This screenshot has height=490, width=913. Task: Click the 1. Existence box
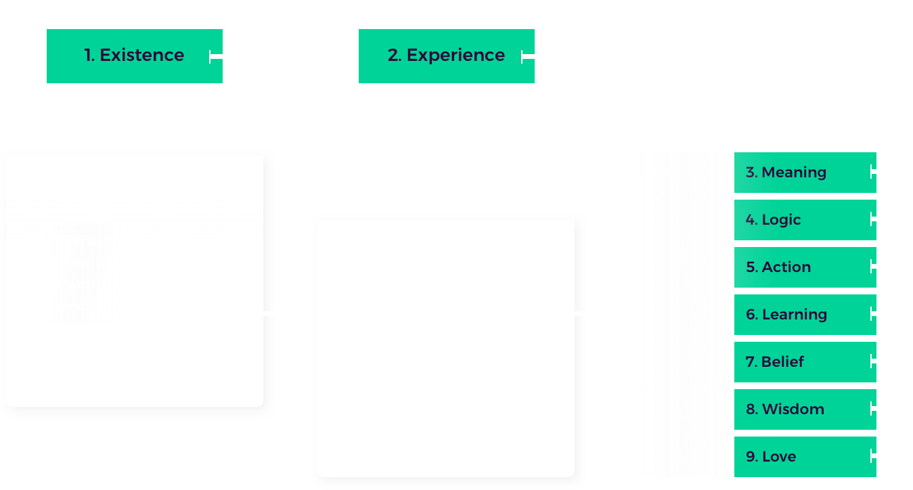point(134,56)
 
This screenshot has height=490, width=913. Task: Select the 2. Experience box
point(446,56)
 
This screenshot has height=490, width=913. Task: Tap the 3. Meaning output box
point(805,173)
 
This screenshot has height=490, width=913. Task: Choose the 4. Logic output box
point(805,220)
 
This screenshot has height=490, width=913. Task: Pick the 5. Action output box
point(805,267)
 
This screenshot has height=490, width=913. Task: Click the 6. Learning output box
point(805,315)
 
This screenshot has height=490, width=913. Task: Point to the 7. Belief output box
point(805,362)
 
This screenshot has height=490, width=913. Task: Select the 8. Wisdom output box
point(805,409)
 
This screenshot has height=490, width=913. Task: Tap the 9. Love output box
point(805,457)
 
